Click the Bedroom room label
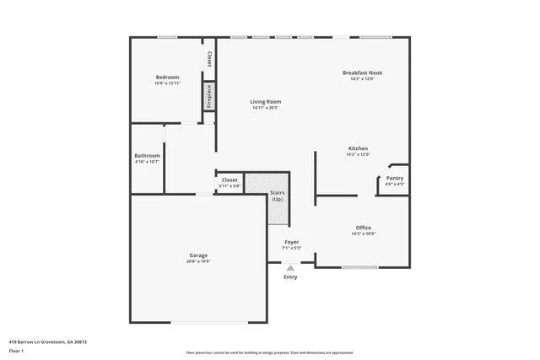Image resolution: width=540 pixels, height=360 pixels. (x=167, y=78)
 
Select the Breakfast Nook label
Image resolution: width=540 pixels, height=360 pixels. (x=362, y=73)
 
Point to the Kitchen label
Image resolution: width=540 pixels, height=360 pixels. (x=358, y=149)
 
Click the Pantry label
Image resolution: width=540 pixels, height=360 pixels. (x=394, y=178)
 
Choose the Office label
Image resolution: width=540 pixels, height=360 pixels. (x=363, y=228)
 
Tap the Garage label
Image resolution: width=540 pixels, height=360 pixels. (x=198, y=255)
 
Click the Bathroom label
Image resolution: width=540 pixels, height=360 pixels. (x=147, y=155)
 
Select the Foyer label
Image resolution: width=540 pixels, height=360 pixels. (x=290, y=242)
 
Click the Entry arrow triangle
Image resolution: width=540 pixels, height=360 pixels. (x=290, y=267)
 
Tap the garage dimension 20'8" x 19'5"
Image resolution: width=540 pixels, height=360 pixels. (x=198, y=261)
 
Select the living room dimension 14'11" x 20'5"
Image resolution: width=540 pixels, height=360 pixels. (x=266, y=108)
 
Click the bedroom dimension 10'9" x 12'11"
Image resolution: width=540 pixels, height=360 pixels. (x=167, y=83)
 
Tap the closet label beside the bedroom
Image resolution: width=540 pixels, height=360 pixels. (x=208, y=61)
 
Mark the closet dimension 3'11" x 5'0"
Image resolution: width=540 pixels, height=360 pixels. (x=229, y=185)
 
